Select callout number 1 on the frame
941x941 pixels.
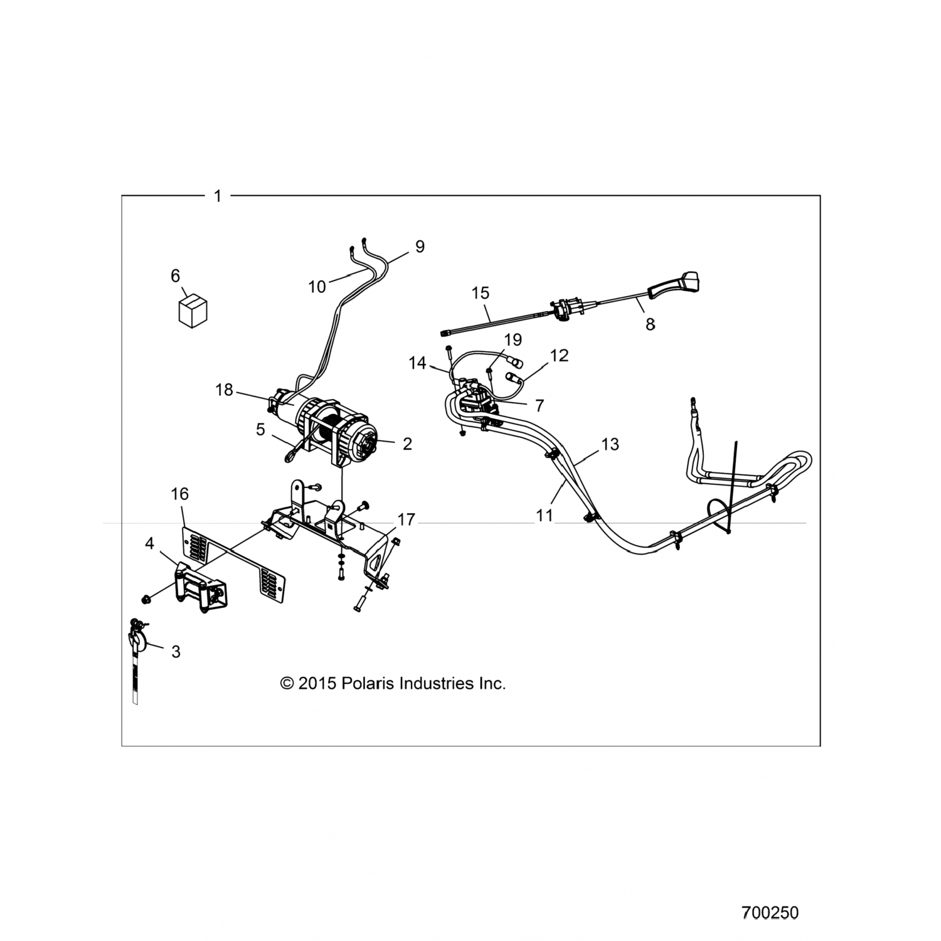[x=218, y=196]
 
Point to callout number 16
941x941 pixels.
[x=179, y=494]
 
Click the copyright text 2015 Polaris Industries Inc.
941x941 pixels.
[x=393, y=683]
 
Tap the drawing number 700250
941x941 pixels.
[x=770, y=913]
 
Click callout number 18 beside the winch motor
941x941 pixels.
[x=224, y=390]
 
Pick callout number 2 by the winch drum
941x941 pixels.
[x=407, y=444]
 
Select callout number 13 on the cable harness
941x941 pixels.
[x=610, y=444]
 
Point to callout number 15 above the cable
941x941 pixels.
[x=481, y=292]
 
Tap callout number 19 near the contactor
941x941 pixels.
[x=513, y=339]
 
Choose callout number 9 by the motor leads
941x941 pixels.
[x=420, y=247]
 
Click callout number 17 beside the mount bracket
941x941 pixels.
[x=407, y=519]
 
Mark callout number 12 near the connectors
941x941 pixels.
[x=559, y=355]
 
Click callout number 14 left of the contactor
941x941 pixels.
[x=417, y=363]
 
